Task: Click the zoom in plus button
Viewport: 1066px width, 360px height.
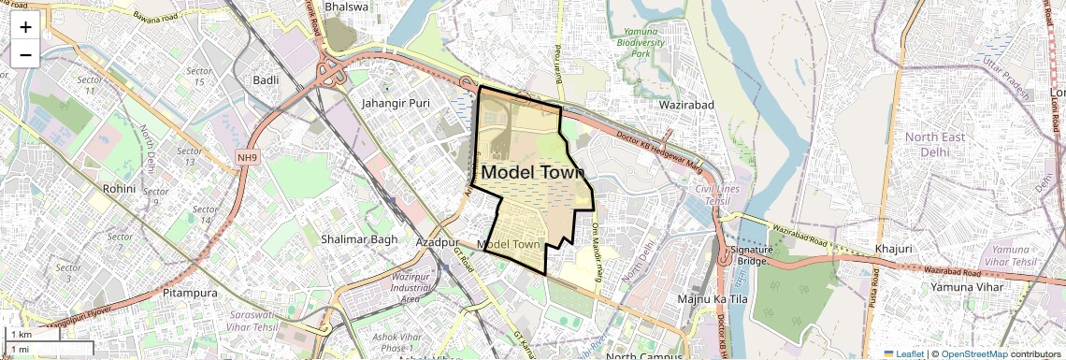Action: tap(25, 27)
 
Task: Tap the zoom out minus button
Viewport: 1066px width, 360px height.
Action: tap(25, 54)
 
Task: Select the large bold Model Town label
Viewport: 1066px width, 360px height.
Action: tap(532, 172)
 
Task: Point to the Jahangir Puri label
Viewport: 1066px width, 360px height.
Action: tap(396, 103)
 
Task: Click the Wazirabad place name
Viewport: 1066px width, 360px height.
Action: tap(686, 105)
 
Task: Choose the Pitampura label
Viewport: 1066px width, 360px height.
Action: tap(190, 293)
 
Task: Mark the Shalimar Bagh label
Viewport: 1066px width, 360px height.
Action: tap(359, 239)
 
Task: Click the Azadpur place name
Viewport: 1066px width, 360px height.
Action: tap(435, 241)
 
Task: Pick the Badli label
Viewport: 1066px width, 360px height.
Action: tap(266, 80)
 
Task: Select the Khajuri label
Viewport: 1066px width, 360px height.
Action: tap(893, 249)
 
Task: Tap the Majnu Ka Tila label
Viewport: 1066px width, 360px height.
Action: tap(710, 298)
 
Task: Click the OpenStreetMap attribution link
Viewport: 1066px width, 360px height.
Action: tap(973, 353)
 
